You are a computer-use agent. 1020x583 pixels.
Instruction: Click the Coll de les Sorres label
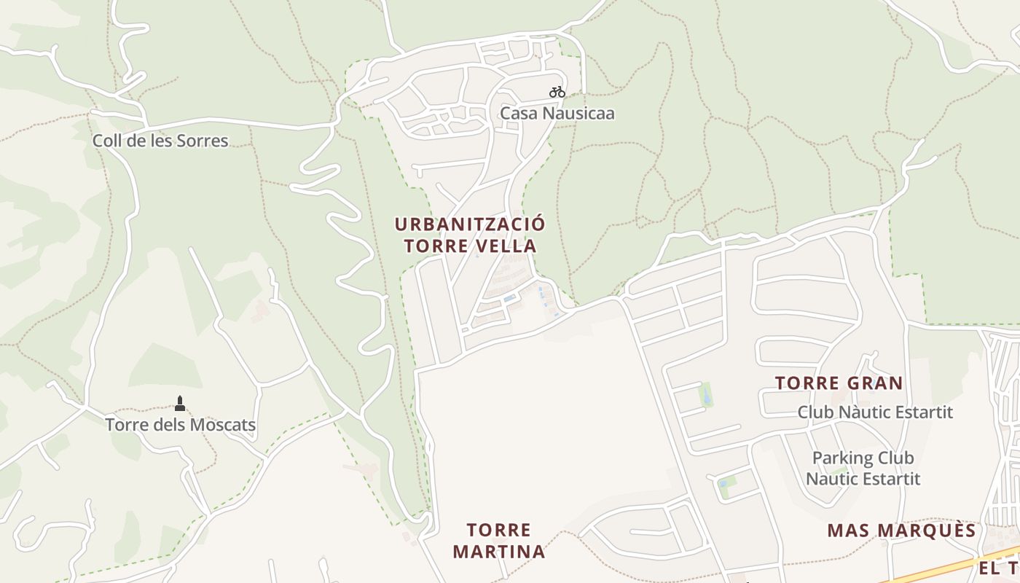coord(160,141)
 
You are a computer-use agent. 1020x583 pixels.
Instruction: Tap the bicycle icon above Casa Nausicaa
coord(557,92)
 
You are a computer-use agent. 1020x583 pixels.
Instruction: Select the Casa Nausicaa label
coord(557,114)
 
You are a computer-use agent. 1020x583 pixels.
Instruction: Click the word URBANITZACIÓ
coord(469,224)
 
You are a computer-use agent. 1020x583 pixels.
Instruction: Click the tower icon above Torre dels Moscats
coord(180,404)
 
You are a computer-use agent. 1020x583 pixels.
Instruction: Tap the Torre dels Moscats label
coord(180,425)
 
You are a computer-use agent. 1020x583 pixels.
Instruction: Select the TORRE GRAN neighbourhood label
coord(839,383)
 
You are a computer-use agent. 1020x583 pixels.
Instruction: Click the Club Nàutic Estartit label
coord(875,412)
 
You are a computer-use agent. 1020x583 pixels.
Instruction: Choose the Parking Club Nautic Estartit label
coord(863,469)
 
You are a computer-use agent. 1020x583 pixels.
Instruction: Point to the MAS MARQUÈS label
coord(901,531)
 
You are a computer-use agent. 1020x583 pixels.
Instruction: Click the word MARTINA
coord(499,552)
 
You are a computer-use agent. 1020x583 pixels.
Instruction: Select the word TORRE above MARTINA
coord(499,530)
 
